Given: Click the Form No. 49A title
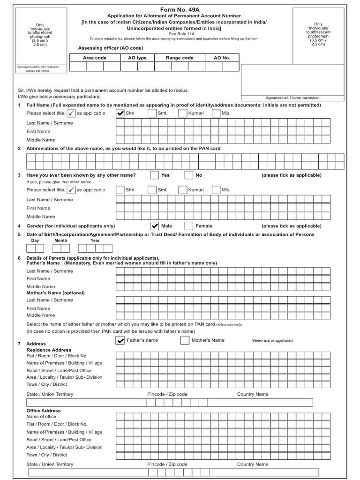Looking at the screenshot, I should (x=180, y=9).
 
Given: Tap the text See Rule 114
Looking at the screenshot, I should (x=180, y=34).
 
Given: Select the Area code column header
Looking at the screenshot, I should (x=95, y=58).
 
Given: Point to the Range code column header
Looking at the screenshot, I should (x=180, y=58).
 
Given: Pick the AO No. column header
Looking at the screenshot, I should (x=222, y=58).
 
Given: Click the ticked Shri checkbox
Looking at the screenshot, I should (x=120, y=113).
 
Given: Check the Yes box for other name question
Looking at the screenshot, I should (x=154, y=175).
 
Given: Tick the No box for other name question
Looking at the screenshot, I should (x=188, y=175).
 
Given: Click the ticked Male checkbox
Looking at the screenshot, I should (x=154, y=226).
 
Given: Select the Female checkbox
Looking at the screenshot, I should (x=188, y=226).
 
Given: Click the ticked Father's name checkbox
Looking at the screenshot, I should (x=120, y=340).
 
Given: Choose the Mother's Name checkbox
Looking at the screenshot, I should (x=185, y=340).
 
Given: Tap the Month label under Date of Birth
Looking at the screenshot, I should (x=60, y=240).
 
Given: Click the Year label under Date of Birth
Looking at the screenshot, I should (x=95, y=240).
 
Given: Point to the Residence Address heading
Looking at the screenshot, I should (x=49, y=350).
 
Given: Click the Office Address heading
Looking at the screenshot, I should (x=44, y=411).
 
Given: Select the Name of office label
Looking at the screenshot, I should (x=41, y=416).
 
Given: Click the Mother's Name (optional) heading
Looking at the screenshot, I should (x=55, y=293).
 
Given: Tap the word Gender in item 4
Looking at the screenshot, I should (x=35, y=226).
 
